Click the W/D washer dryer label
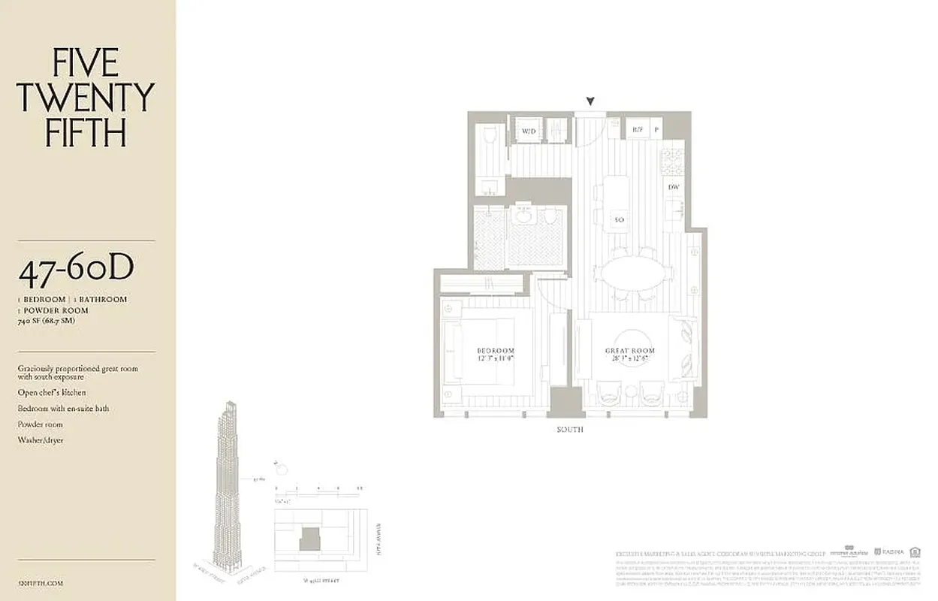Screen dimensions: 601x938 (x=529, y=131)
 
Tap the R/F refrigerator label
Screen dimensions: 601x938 (x=638, y=130)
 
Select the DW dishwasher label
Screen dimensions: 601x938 (x=674, y=187)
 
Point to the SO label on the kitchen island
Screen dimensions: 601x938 (x=619, y=220)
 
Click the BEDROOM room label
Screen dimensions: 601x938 (x=496, y=351)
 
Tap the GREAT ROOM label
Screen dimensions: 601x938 (x=630, y=351)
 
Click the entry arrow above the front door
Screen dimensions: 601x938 (x=591, y=101)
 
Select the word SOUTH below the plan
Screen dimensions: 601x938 (x=570, y=430)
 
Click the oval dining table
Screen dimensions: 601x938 (x=633, y=273)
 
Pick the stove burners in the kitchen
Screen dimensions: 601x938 (x=671, y=162)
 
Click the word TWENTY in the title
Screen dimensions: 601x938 (x=85, y=98)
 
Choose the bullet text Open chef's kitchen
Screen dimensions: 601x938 (x=52, y=392)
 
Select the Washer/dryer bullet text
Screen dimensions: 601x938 (x=41, y=439)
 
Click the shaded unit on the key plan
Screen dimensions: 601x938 (x=309, y=539)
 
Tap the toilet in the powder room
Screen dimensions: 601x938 (x=490, y=136)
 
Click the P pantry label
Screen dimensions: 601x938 (x=656, y=130)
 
